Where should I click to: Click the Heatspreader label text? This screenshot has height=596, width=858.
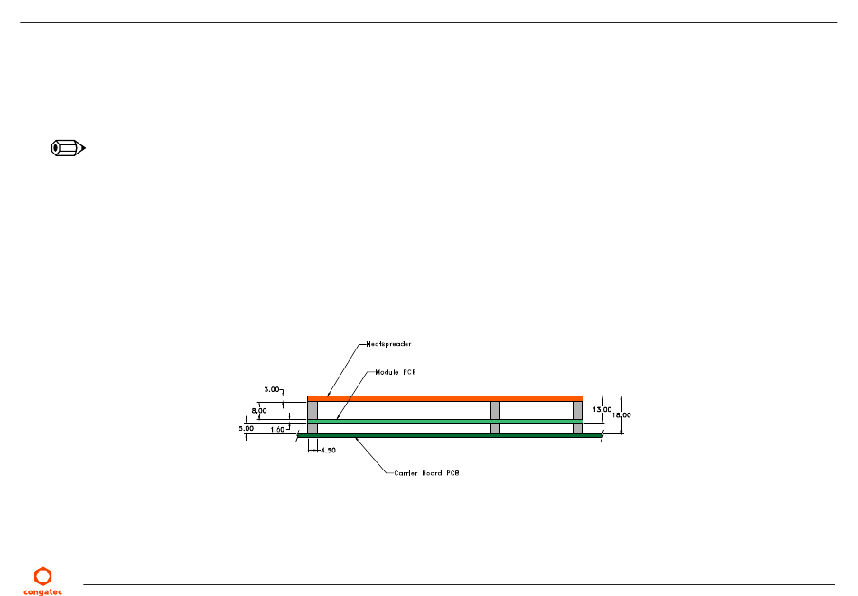tap(389, 344)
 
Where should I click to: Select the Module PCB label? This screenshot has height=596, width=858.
tap(396, 372)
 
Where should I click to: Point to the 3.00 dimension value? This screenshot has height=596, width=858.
tap(271, 389)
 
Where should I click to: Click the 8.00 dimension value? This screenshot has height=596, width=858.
tap(258, 410)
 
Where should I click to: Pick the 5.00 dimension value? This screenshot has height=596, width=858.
tap(247, 429)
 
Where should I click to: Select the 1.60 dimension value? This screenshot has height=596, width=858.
tap(278, 430)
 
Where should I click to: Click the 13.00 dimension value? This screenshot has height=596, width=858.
tap(600, 409)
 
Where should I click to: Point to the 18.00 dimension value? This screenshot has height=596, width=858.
tap(620, 415)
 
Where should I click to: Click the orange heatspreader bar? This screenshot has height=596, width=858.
tap(444, 398)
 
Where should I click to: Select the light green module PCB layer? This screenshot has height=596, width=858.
tap(444, 421)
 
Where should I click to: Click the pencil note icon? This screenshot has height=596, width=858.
tap(67, 148)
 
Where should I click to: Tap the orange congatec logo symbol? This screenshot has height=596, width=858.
tap(42, 575)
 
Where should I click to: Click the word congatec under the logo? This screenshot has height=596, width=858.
tap(42, 591)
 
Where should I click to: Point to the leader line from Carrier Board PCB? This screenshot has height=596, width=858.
tap(374, 454)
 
